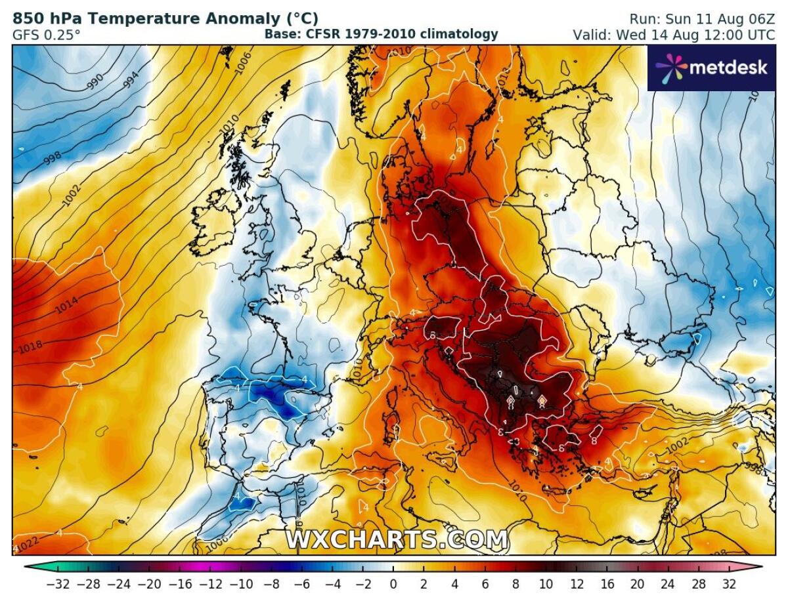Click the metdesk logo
pos(711,67)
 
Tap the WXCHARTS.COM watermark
pos(396,539)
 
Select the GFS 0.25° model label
pos(47,34)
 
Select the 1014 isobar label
pos(66,304)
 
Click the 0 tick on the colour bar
pos(393,583)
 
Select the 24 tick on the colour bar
pos(668,583)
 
